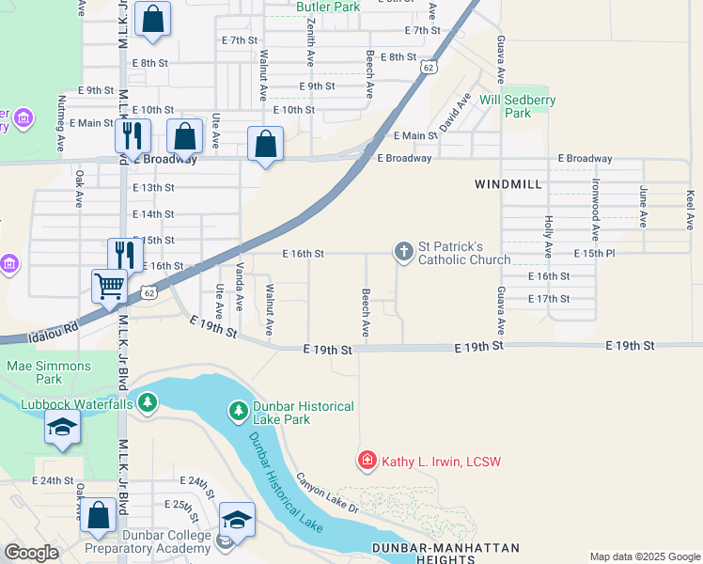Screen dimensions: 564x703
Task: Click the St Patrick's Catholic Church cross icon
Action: [403, 251]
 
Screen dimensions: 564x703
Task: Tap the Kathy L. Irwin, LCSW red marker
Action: [367, 461]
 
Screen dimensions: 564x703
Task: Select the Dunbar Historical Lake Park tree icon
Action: [239, 411]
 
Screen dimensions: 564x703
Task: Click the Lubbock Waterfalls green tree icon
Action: [148, 403]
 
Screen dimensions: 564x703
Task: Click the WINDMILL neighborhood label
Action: [508, 184]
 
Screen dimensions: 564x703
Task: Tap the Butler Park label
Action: [328, 7]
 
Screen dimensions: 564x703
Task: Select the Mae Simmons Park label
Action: [49, 373]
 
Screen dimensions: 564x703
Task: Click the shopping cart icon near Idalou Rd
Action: [110, 284]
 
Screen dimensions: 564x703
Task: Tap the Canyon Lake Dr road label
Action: [327, 493]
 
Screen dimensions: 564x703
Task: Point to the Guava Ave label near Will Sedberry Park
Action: [500, 60]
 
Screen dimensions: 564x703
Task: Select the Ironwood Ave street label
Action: [595, 210]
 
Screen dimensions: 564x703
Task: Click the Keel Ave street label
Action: [691, 210]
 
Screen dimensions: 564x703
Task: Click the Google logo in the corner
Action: [31, 553]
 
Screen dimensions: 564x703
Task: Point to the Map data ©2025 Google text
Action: [644, 556]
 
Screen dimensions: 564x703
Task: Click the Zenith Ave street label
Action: [310, 42]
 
